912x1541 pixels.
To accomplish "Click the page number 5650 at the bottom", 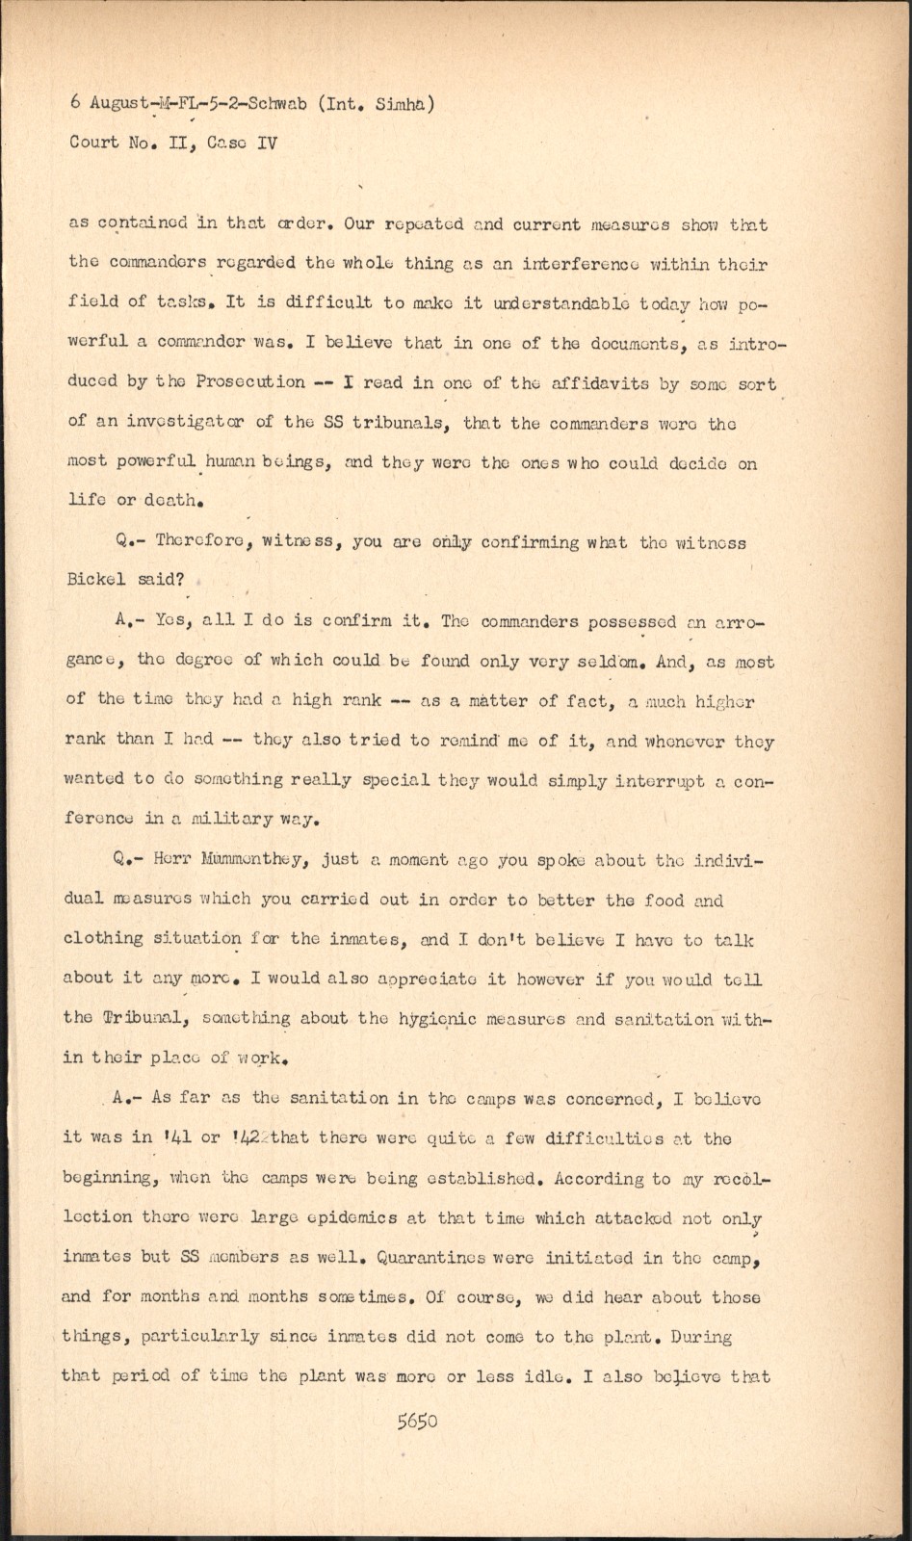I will click(x=417, y=1421).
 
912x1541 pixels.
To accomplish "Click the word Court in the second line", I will click(x=93, y=143).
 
